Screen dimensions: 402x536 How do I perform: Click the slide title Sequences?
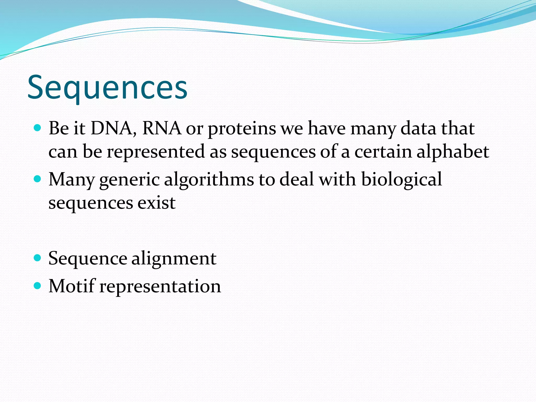click(107, 88)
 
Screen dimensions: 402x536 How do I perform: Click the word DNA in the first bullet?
click(113, 129)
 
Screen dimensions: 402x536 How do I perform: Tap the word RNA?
click(161, 129)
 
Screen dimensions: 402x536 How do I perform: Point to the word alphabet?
click(453, 152)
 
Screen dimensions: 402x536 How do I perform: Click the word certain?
click(383, 152)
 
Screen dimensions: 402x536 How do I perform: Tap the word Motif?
click(72, 286)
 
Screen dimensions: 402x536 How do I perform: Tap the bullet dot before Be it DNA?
click(38, 128)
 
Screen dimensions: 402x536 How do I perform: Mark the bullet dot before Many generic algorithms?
click(38, 179)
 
